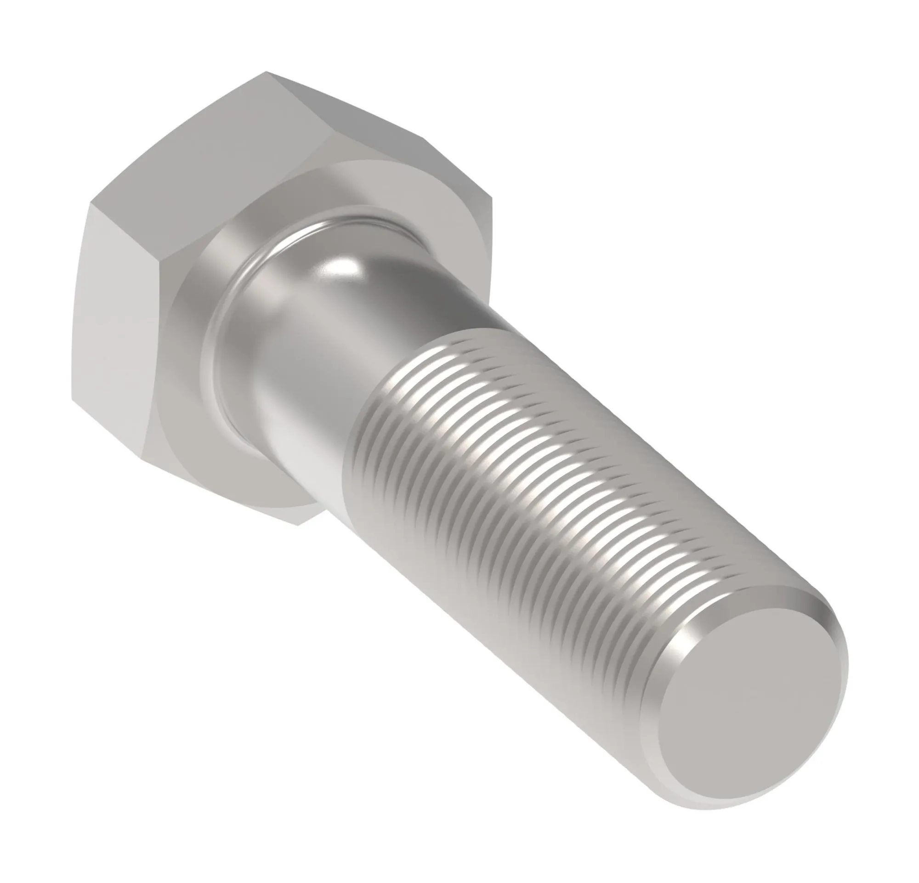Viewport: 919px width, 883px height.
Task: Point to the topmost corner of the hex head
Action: pyautogui.click(x=267, y=72)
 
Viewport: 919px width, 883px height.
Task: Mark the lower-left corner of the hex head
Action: pyautogui.click(x=73, y=401)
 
